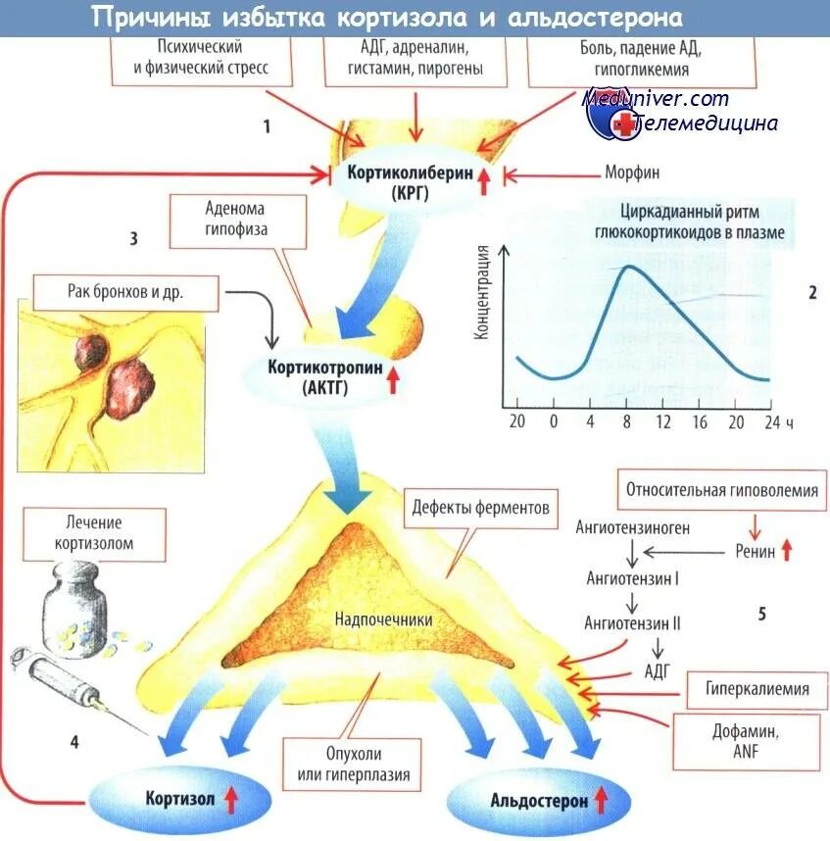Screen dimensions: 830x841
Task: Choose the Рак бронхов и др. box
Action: [127, 291]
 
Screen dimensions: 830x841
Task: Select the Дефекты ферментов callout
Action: [480, 509]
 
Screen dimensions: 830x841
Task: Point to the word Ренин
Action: [755, 552]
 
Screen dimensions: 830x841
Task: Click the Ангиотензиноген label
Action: [632, 528]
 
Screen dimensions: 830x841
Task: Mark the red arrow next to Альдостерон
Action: [601, 801]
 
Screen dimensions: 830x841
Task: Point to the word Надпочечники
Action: [383, 620]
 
